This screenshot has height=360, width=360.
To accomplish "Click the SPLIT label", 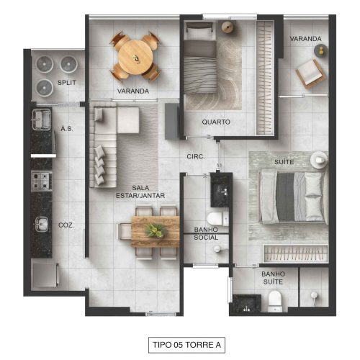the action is [67, 83].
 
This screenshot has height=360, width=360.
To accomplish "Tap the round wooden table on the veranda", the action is [135, 57].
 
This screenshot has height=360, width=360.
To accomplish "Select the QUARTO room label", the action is [216, 122].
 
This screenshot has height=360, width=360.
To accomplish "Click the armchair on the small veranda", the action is [310, 73].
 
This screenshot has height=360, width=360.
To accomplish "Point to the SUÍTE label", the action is [284, 162].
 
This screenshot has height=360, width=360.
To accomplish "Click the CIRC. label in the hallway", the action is [196, 156].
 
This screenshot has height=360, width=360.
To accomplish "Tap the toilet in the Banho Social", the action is [217, 219].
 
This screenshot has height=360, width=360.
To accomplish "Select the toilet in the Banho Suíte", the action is [274, 301].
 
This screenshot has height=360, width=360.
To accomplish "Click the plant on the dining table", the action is [156, 230].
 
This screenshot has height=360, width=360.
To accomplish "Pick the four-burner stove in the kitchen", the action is [42, 181].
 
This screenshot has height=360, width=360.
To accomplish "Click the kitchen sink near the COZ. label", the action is [42, 224].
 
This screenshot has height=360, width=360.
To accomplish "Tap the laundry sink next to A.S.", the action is [41, 119].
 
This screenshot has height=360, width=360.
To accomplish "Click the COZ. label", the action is [66, 225].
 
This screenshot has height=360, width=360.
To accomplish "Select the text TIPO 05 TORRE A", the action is [186, 345].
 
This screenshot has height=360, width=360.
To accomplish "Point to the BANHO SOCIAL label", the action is [206, 233].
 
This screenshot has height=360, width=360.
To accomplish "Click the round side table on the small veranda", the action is [321, 50].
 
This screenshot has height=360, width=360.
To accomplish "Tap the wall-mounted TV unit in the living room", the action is [172, 121].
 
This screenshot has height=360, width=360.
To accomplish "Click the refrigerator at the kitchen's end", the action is [45, 274].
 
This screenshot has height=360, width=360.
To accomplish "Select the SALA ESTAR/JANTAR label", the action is [140, 192].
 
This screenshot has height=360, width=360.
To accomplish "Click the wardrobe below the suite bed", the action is [295, 253].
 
